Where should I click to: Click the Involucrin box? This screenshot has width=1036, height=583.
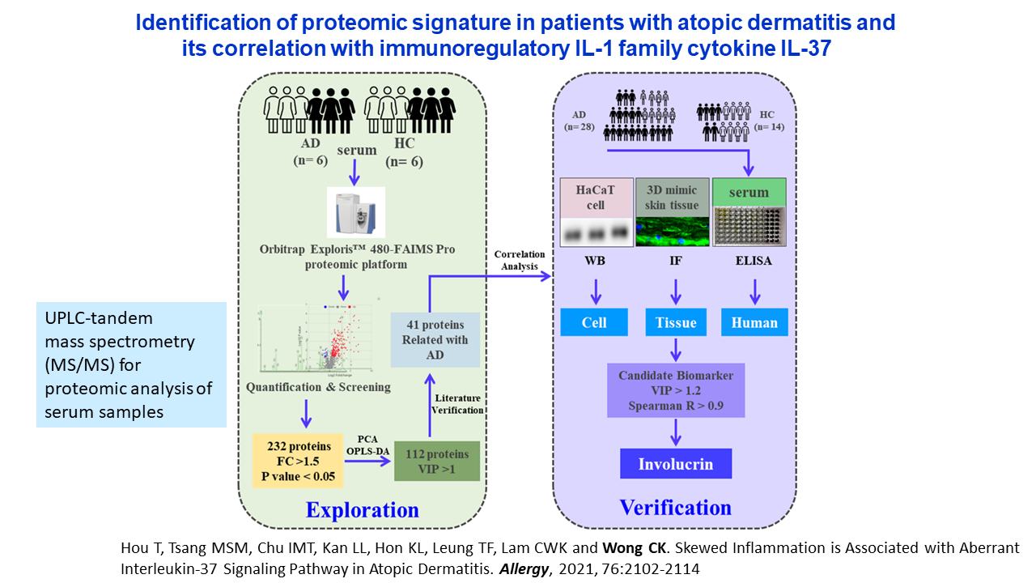pyautogui.click(x=675, y=464)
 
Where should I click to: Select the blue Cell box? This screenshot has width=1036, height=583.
pyautogui.click(x=594, y=322)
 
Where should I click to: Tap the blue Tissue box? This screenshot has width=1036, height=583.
pyautogui.click(x=676, y=322)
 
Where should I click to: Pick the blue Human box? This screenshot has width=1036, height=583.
pyautogui.click(x=754, y=322)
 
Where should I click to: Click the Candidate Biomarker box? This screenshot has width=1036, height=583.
pyautogui.click(x=675, y=390)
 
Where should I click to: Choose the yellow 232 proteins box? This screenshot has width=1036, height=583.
pyautogui.click(x=297, y=459)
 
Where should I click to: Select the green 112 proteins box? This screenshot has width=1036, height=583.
pyautogui.click(x=436, y=461)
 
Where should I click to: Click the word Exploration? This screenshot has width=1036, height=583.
pyautogui.click(x=362, y=510)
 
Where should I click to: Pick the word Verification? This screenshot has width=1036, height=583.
pyautogui.click(x=675, y=508)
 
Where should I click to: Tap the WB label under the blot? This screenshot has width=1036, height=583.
pyautogui.click(x=594, y=262)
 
